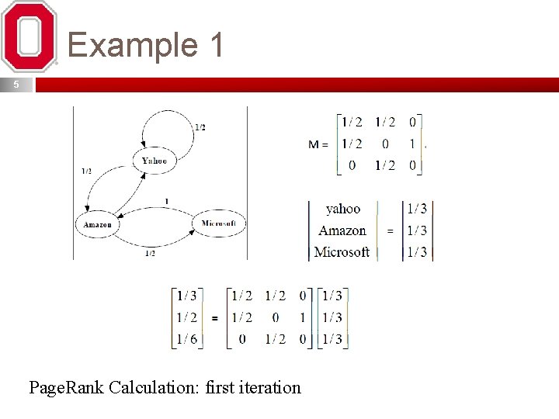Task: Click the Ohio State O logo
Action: [x=30, y=36]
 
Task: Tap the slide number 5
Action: [x=16, y=85]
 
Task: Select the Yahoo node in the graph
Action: [x=154, y=161]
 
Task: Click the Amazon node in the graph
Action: [x=98, y=224]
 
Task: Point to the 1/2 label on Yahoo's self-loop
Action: [x=200, y=127]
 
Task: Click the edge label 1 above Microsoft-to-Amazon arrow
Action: [x=165, y=202]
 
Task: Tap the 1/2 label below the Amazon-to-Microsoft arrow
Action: [x=150, y=254]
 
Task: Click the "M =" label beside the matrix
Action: [x=318, y=144]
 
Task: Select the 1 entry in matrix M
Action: [x=411, y=144]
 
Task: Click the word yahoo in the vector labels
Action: [x=343, y=209]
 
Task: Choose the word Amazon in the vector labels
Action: [x=342, y=230]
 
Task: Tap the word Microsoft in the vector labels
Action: [x=342, y=252]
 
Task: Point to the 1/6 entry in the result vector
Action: [x=186, y=339]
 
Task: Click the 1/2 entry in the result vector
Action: [x=186, y=317]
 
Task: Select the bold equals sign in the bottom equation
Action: [x=214, y=318]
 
